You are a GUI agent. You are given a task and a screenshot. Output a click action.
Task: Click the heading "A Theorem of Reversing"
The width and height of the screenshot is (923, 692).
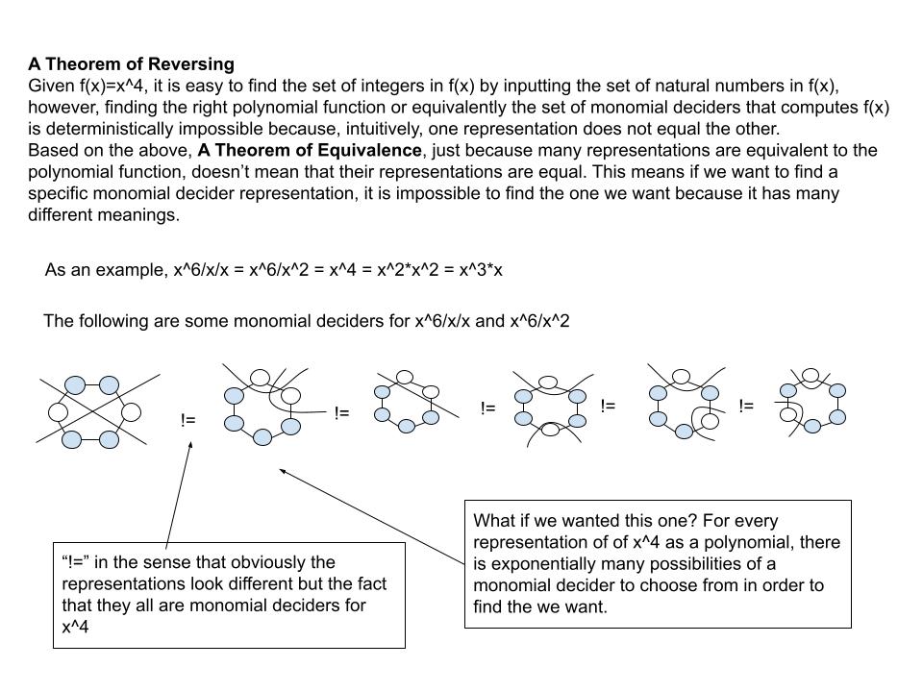[131, 64]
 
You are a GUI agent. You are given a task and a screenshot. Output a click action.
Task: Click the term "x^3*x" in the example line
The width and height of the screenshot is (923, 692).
[483, 269]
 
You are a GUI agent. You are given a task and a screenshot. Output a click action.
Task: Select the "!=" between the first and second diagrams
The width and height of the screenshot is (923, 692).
[188, 420]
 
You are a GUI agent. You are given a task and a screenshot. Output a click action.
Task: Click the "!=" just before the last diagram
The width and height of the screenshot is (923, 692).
[746, 406]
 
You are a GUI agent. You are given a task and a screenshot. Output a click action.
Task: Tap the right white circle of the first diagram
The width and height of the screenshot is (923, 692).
[131, 412]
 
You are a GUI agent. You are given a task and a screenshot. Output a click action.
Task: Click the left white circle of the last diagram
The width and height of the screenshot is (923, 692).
[787, 415]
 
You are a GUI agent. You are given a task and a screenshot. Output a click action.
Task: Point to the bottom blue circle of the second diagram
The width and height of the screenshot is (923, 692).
[262, 437]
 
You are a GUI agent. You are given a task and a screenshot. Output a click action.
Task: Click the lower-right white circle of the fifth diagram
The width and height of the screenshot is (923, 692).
[710, 419]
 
